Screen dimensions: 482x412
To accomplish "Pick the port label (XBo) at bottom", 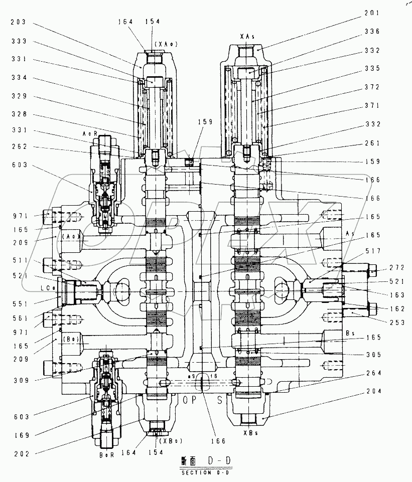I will point(170,441).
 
